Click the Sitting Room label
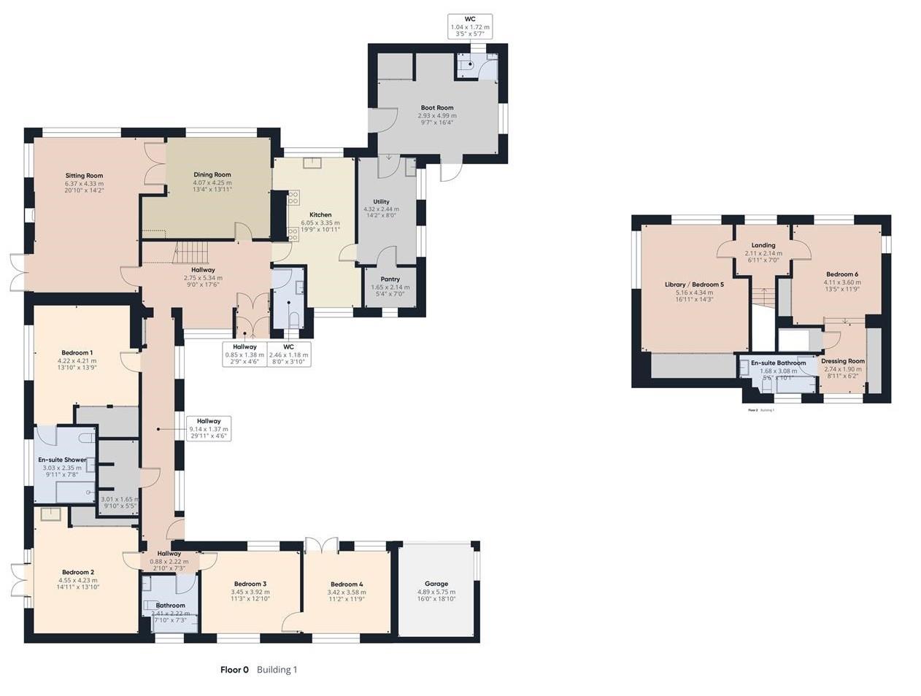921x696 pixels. pyautogui.click(x=84, y=176)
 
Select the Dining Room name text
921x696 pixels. pyautogui.click(x=212, y=174)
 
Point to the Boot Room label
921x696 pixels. pyautogui.click(x=436, y=107)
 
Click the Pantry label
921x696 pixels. pyautogui.click(x=390, y=279)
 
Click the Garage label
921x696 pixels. pyautogui.click(x=436, y=584)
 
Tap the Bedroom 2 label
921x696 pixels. pyautogui.click(x=78, y=572)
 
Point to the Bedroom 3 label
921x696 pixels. pyautogui.click(x=250, y=584)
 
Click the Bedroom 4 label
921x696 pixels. pyautogui.click(x=347, y=584)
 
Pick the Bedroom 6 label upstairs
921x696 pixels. pyautogui.click(x=842, y=274)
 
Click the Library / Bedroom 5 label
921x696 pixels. pyautogui.click(x=694, y=285)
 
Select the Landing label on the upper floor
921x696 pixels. pyautogui.click(x=763, y=245)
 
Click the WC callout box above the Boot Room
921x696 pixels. pyautogui.click(x=470, y=26)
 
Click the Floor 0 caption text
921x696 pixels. pyautogui.click(x=234, y=670)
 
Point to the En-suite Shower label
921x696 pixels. pyautogui.click(x=62, y=460)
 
